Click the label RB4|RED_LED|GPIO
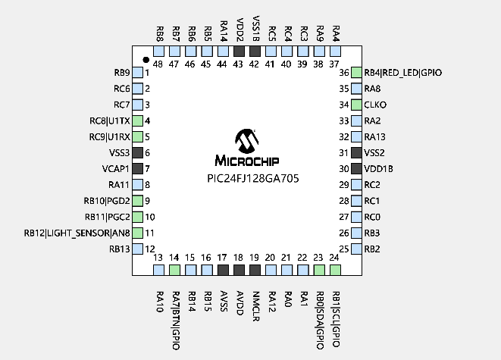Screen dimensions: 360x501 [x=402, y=73]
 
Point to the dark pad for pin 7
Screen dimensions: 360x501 [x=138, y=168]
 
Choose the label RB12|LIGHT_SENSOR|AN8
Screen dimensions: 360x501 [x=77, y=233]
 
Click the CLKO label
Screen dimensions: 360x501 [x=376, y=105]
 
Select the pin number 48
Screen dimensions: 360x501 [x=159, y=64]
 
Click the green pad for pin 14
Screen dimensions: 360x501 [x=174, y=270]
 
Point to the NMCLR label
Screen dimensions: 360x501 [x=255, y=302]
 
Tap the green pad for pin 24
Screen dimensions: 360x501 [x=335, y=270]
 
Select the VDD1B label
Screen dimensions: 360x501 [x=378, y=168]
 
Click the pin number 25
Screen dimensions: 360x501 [x=344, y=249]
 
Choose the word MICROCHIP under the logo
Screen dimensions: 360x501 [x=247, y=161]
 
